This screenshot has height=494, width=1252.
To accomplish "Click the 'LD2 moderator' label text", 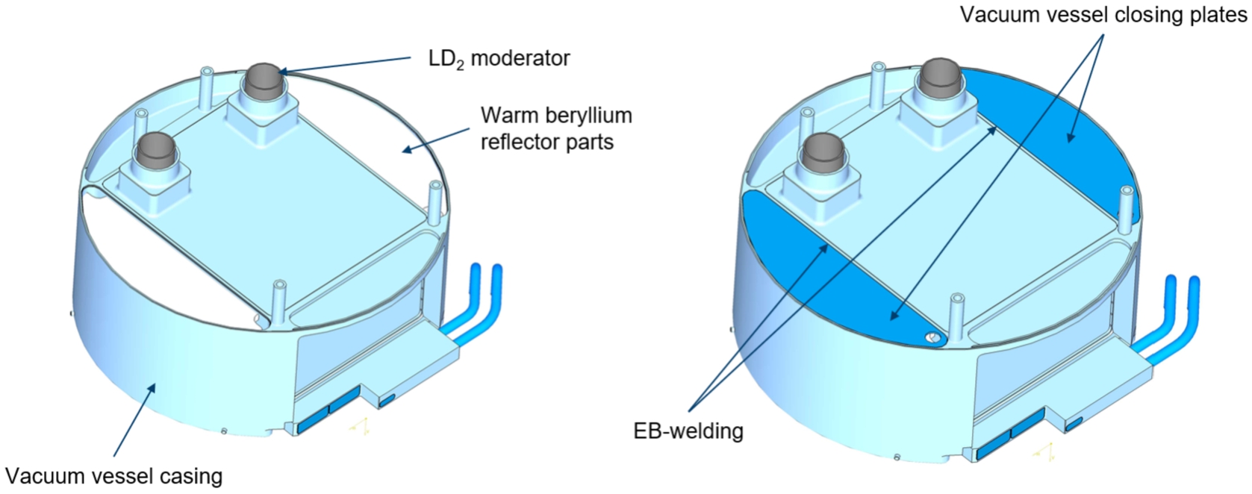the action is (x=499, y=59).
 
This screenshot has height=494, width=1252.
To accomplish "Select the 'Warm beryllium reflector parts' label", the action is (x=557, y=128).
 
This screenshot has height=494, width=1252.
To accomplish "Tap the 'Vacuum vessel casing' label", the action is (x=114, y=477).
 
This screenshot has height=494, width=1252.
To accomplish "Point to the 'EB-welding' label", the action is (x=688, y=431).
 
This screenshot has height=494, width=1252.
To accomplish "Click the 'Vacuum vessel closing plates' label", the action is (x=1103, y=14).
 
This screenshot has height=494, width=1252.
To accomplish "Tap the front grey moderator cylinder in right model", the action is (x=821, y=152).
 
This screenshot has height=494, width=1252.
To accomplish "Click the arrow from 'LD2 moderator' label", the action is (x=345, y=64).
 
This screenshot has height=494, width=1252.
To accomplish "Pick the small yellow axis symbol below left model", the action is (x=359, y=425).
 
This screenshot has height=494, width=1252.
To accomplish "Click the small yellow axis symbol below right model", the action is (x=1044, y=451).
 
